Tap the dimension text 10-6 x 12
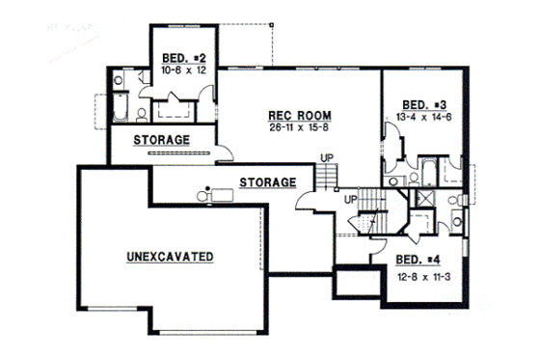click(181, 70)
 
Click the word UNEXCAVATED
click(170, 257)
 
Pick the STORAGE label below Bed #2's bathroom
click(160, 140)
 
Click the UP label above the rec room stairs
click(329, 158)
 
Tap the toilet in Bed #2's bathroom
click(142, 115)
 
